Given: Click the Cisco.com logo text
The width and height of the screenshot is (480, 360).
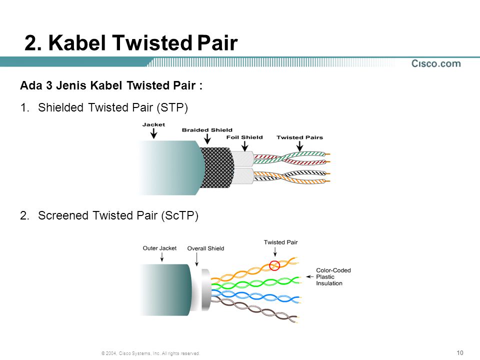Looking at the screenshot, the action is (436, 63).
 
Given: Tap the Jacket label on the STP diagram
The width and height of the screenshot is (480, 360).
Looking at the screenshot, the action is (153, 124).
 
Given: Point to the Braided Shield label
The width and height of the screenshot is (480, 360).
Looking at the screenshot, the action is (207, 130).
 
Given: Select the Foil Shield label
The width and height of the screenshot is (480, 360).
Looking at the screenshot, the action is (244, 137).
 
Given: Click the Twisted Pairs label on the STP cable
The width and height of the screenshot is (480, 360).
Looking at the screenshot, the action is (299, 137).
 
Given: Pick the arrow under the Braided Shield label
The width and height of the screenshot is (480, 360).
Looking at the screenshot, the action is (207, 138).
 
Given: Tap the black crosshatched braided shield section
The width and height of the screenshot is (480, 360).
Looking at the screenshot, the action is (216, 167).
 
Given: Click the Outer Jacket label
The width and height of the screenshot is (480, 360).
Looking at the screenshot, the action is (159, 248).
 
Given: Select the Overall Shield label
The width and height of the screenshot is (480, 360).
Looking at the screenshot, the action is (205, 248).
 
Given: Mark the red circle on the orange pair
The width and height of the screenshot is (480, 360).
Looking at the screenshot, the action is (274, 265).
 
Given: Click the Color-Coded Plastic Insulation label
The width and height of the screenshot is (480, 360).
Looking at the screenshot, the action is (333, 276).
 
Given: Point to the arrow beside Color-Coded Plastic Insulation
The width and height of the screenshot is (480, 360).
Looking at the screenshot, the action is (310, 276).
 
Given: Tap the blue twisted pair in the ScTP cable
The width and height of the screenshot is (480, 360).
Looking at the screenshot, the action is (255, 296).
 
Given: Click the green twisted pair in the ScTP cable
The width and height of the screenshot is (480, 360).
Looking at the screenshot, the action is (255, 283).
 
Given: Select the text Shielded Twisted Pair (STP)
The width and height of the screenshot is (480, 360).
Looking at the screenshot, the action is (113, 108).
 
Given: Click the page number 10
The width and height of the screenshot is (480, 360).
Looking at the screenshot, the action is (460, 352).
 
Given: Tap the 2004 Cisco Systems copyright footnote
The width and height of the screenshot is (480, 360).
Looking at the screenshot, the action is (150, 353).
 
